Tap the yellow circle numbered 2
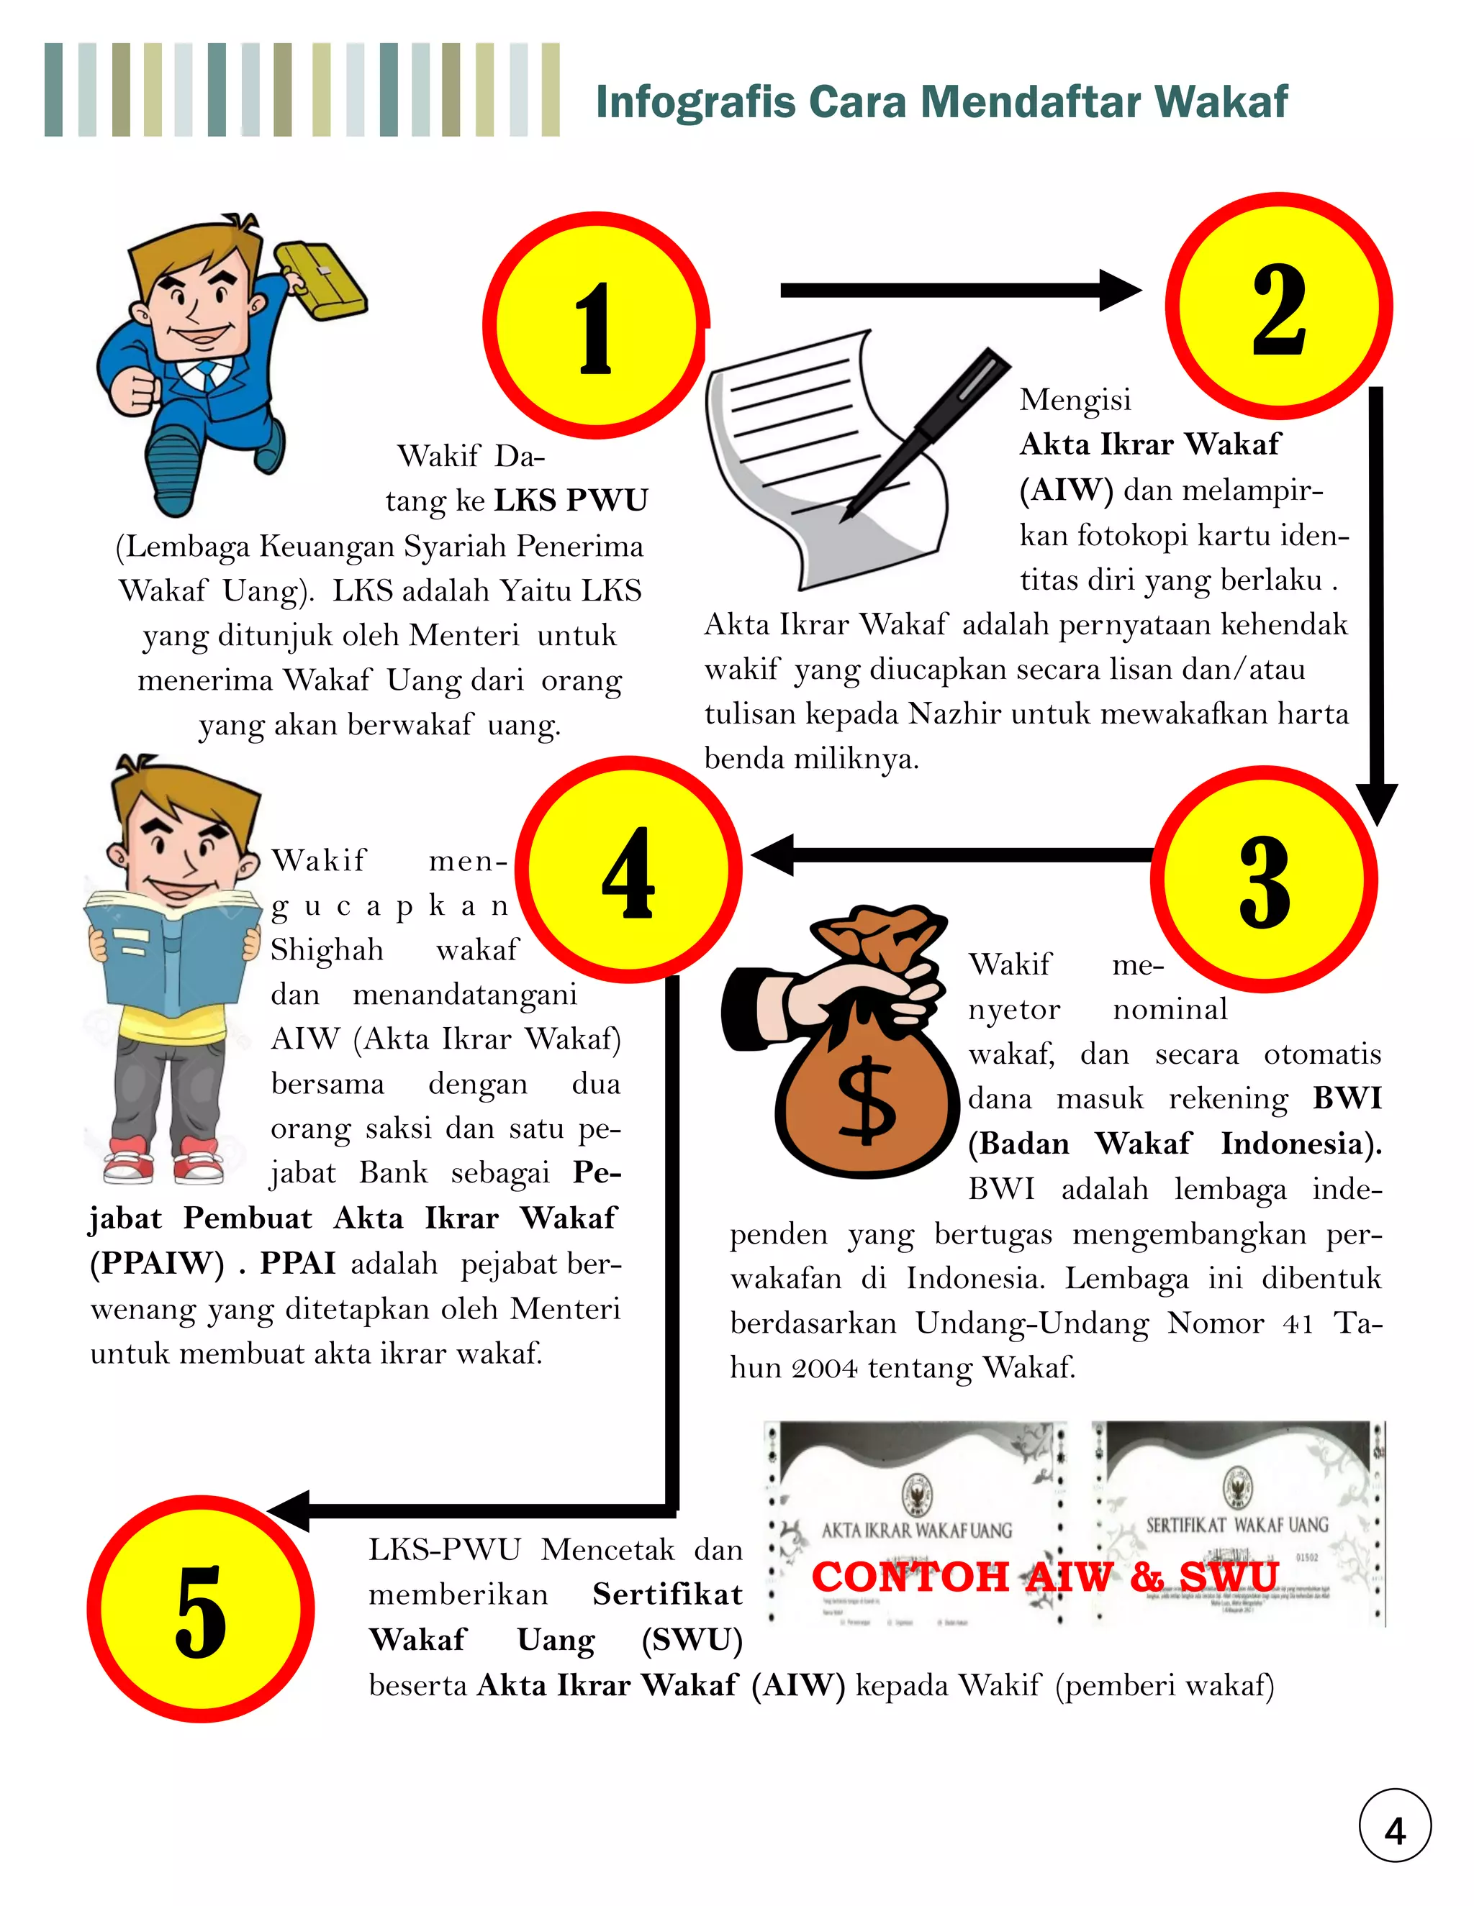[x=1278, y=307]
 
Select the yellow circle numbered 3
[x=1264, y=880]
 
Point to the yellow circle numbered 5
[x=201, y=1608]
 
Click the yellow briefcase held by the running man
[x=321, y=281]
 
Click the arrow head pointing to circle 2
[x=1121, y=291]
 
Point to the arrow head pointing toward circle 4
[x=772, y=855]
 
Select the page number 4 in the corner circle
[x=1395, y=1831]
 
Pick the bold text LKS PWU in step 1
[x=571, y=500]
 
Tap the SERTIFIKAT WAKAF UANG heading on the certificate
[x=1236, y=1525]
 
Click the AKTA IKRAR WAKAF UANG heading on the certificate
[x=916, y=1530]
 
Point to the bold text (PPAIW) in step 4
[x=157, y=1263]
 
